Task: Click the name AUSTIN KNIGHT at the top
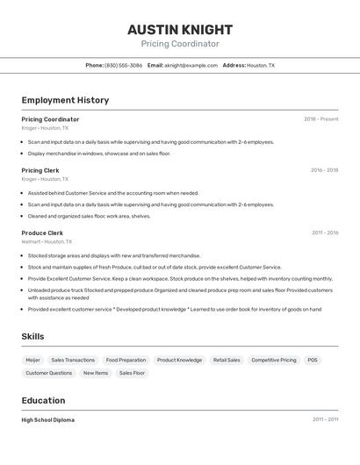pyautogui.click(x=179, y=29)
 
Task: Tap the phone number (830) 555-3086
pyautogui.click(x=123, y=65)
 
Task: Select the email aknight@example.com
pyautogui.click(x=191, y=65)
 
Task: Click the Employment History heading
pyautogui.click(x=65, y=100)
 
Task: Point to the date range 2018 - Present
pyautogui.click(x=320, y=119)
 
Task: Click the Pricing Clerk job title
pyautogui.click(x=40, y=170)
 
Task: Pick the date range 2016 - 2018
pyautogui.click(x=324, y=170)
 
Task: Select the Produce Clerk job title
pyautogui.click(x=42, y=232)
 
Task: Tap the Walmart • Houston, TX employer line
pyautogui.click(x=47, y=241)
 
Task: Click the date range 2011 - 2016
pyautogui.click(x=325, y=232)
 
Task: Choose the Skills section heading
pyautogui.click(x=32, y=336)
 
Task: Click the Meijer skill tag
pyautogui.click(x=32, y=360)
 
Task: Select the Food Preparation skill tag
pyautogui.click(x=126, y=360)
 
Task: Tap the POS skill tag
pyautogui.click(x=313, y=360)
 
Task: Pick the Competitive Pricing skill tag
pyautogui.click(x=273, y=360)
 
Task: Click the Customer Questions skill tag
pyautogui.click(x=48, y=373)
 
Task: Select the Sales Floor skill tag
pyautogui.click(x=132, y=373)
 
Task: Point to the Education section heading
pyautogui.click(x=43, y=400)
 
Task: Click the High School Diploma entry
pyautogui.click(x=47, y=419)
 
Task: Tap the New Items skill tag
pyautogui.click(x=96, y=373)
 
